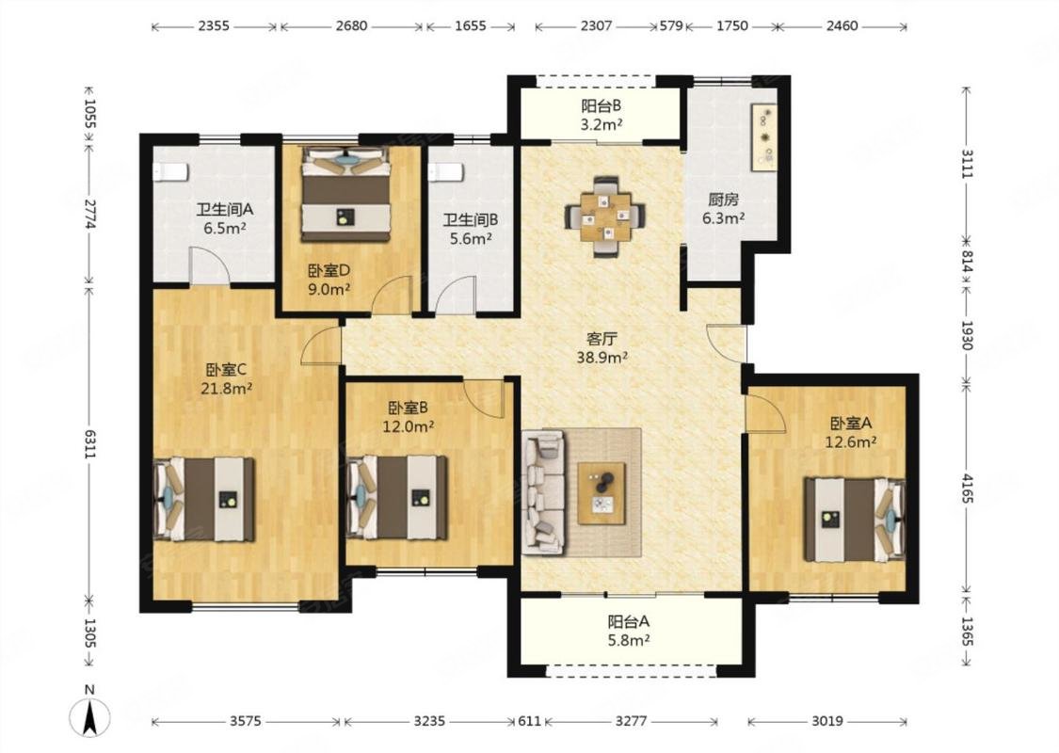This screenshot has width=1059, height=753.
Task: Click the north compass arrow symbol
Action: click(x=89, y=717)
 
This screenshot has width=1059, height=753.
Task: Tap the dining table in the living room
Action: click(x=605, y=216)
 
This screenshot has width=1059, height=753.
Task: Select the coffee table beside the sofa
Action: click(x=602, y=493)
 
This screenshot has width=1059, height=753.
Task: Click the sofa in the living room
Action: click(x=544, y=493)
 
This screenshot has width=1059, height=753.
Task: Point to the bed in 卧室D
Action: click(x=345, y=194)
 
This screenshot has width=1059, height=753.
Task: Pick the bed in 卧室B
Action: click(x=396, y=498)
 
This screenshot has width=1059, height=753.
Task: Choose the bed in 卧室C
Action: click(x=204, y=500)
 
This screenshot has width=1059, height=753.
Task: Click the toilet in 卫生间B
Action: click(x=445, y=172)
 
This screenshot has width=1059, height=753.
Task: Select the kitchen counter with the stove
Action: click(x=763, y=137)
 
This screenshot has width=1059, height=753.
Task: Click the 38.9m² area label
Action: click(x=602, y=358)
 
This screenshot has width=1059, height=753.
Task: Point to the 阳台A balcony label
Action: click(x=628, y=621)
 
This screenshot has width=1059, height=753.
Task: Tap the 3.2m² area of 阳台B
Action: click(x=602, y=125)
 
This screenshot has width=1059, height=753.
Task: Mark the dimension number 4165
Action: click(x=967, y=488)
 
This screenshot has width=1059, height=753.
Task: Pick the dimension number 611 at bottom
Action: click(x=530, y=721)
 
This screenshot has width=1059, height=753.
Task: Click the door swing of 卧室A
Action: click(x=765, y=413)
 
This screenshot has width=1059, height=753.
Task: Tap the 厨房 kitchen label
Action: click(x=723, y=200)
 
